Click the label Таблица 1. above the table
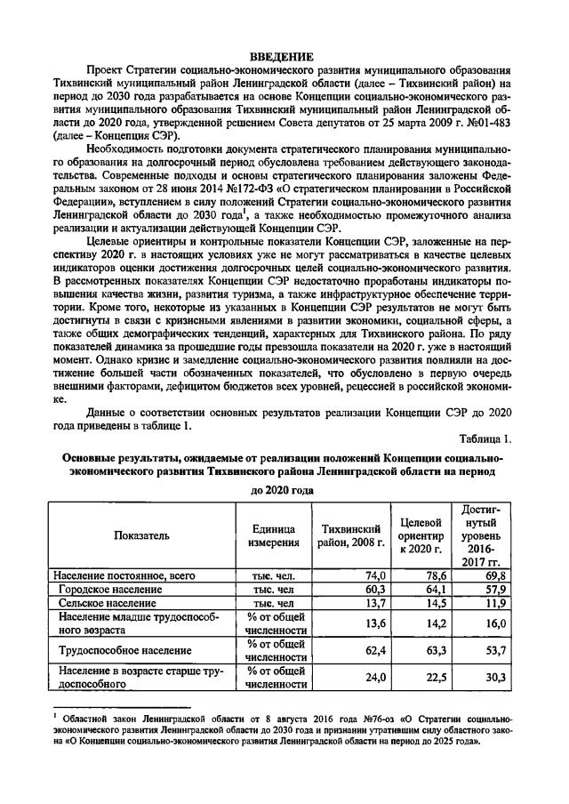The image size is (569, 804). pos(486,438)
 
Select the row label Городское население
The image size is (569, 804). pos(110,590)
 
